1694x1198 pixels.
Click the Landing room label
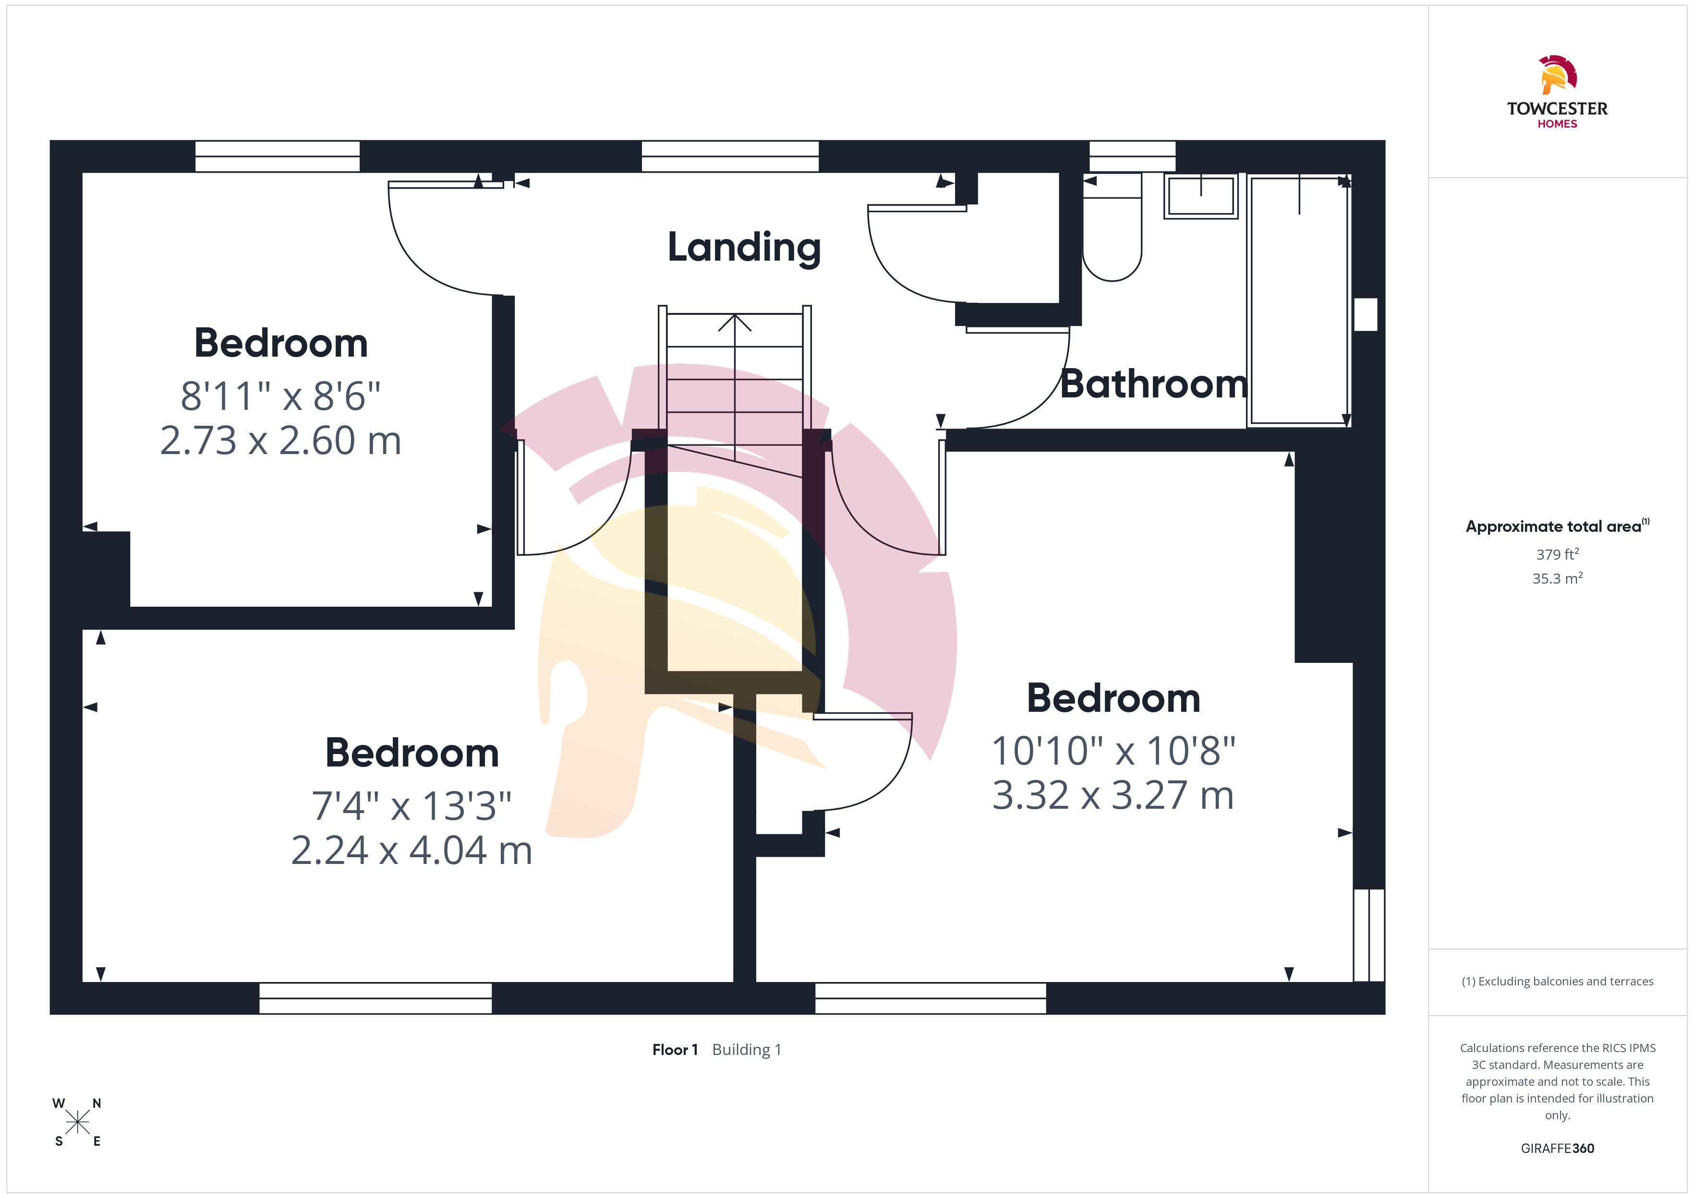click(744, 248)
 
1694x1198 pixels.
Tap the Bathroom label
click(1153, 384)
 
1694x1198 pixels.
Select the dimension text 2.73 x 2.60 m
click(280, 441)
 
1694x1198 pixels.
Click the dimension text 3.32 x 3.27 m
click(1113, 795)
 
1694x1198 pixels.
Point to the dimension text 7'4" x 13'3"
click(411, 805)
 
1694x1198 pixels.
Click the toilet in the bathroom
click(1112, 227)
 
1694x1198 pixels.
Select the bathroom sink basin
click(1201, 196)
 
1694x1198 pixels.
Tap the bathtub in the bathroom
click(1298, 300)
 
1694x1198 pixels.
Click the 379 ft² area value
click(1558, 554)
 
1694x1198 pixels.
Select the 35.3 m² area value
click(1558, 578)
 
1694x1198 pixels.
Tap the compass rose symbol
click(77, 1123)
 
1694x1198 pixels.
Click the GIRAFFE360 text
click(1558, 1149)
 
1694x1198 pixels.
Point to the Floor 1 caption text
click(675, 1050)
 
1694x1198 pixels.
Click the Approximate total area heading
click(1557, 526)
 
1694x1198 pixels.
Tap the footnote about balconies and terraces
click(1558, 981)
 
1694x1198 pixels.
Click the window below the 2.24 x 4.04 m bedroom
click(375, 998)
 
